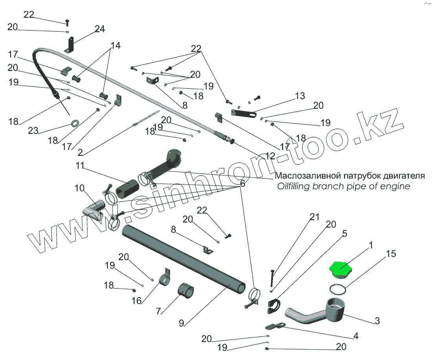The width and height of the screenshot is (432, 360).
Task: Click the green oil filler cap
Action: (341, 270)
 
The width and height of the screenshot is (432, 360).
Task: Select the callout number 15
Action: (391, 254)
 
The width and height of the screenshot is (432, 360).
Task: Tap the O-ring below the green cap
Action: (338, 290)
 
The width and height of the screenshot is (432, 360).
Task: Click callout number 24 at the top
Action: (100, 29)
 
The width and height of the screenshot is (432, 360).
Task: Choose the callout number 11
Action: (80, 166)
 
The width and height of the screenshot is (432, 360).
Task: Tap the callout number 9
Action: (181, 323)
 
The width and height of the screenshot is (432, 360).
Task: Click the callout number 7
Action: (158, 311)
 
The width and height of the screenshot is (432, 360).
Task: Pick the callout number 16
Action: (137, 301)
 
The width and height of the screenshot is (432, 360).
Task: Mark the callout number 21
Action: (315, 217)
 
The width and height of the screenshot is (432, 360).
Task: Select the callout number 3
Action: (377, 321)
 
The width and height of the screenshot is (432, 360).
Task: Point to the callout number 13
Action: (300, 96)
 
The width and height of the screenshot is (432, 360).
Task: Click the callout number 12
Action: (270, 156)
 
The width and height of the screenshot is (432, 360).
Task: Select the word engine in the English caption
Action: (395, 186)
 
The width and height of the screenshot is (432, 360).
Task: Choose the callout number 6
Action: (242, 184)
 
